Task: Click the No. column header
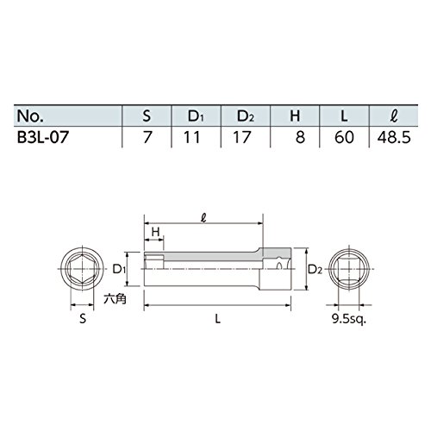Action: pyautogui.click(x=30, y=116)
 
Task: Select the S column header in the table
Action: pyautogui.click(x=147, y=116)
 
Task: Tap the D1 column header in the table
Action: pyautogui.click(x=196, y=116)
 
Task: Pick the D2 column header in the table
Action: pyautogui.click(x=246, y=116)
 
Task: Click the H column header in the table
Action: pyautogui.click(x=295, y=116)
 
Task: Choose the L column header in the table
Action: pyautogui.click(x=344, y=116)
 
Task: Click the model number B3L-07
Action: pyautogui.click(x=43, y=137)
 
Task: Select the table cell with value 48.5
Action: pyautogui.click(x=394, y=137)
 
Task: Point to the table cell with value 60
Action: pyautogui.click(x=344, y=137)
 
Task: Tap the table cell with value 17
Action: pyautogui.click(x=242, y=137)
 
